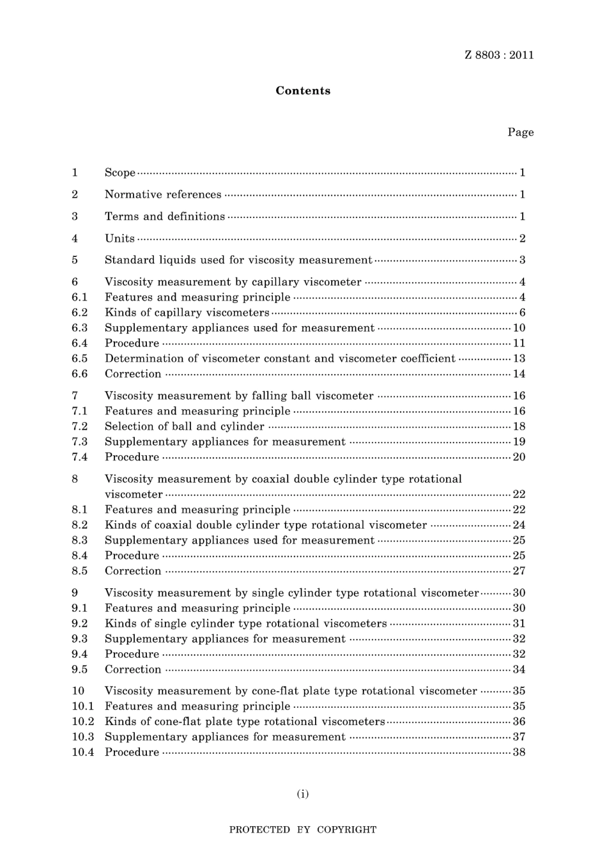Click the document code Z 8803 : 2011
click(499, 55)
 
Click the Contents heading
click(303, 91)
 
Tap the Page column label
click(520, 132)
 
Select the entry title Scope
click(120, 173)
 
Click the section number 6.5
click(79, 359)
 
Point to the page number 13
click(519, 359)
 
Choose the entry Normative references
click(163, 194)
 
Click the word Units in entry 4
click(119, 238)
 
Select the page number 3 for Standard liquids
click(522, 260)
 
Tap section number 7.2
click(79, 426)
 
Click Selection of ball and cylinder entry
click(184, 426)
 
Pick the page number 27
click(519, 571)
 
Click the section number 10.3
click(82, 737)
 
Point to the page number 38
click(519, 753)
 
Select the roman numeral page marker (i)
click(303, 794)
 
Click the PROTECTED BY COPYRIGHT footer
click(303, 830)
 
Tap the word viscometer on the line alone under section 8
click(134, 494)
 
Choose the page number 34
click(519, 669)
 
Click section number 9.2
click(79, 623)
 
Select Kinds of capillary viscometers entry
click(187, 313)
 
